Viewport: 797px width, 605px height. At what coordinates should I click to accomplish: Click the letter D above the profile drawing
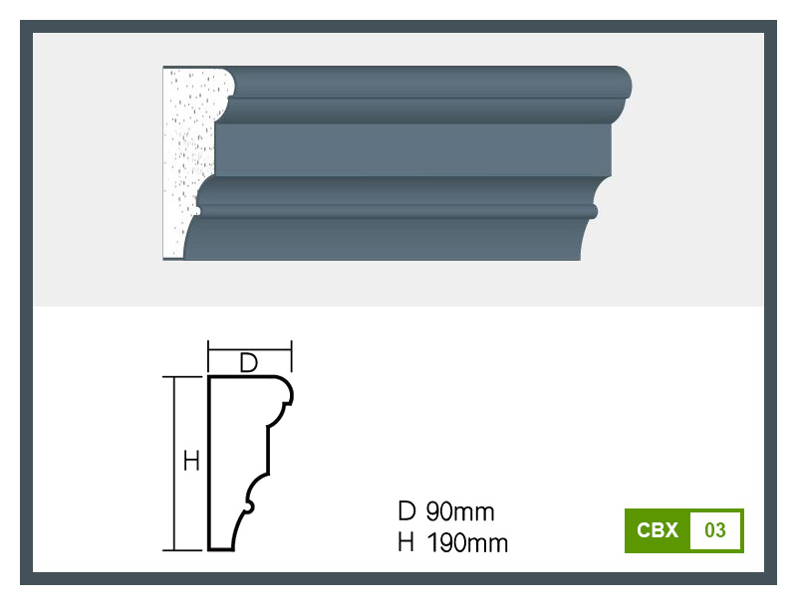point(248,363)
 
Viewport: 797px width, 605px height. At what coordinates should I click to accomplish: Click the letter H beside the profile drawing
point(191,461)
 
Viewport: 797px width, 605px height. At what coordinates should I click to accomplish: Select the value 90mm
point(460,511)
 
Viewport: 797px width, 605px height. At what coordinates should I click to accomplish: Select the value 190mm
point(467,542)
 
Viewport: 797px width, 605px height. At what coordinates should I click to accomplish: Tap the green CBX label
point(658,530)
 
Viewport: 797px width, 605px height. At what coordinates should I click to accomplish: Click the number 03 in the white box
point(714,530)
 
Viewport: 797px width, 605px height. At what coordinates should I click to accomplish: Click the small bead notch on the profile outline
point(249,506)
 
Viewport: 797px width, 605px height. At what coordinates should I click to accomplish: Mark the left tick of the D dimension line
point(208,356)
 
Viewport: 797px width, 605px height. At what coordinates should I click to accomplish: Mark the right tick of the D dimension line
point(291,356)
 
